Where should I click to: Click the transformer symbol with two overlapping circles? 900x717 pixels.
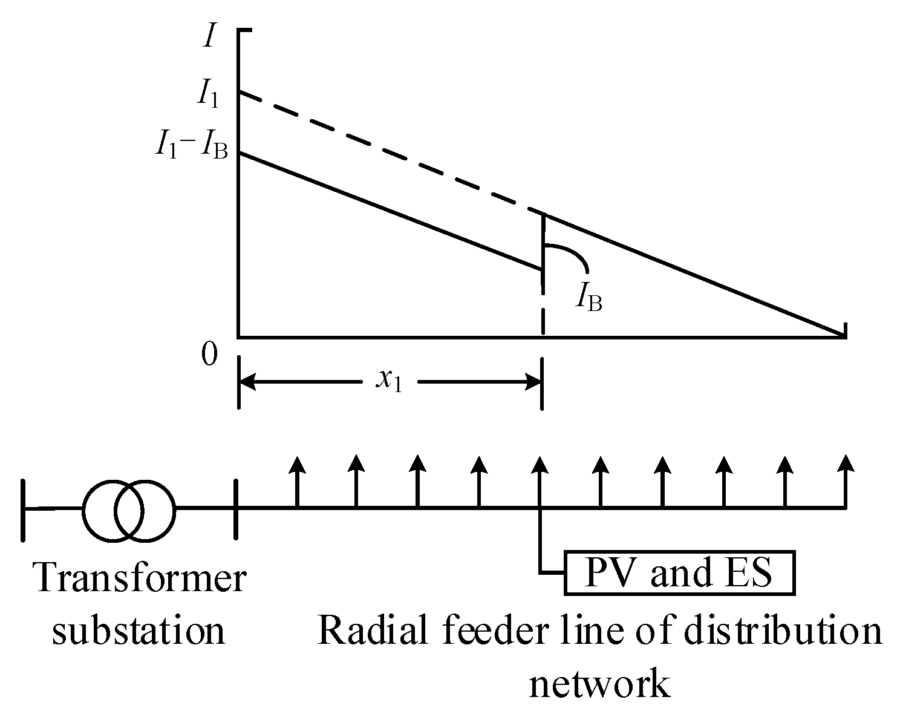pos(129,510)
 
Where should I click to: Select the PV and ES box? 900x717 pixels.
pos(679,572)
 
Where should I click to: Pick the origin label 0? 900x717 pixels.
pos(209,355)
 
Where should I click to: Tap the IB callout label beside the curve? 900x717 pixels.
pos(589,296)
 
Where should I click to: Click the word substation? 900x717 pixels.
pos(139,631)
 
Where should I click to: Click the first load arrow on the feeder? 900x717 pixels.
pos(296,481)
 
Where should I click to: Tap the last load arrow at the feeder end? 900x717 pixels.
pos(846,481)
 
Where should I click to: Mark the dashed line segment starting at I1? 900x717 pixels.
pos(387,151)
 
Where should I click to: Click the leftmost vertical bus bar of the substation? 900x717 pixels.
pos(24,509)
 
